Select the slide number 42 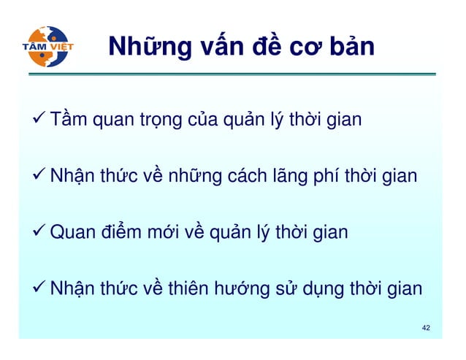click(x=426, y=328)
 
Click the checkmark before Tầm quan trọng click(x=40, y=119)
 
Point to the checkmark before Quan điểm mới click(x=40, y=232)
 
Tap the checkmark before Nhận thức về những click(x=40, y=175)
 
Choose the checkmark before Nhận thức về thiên click(x=40, y=288)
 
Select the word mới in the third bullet click(x=164, y=233)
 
